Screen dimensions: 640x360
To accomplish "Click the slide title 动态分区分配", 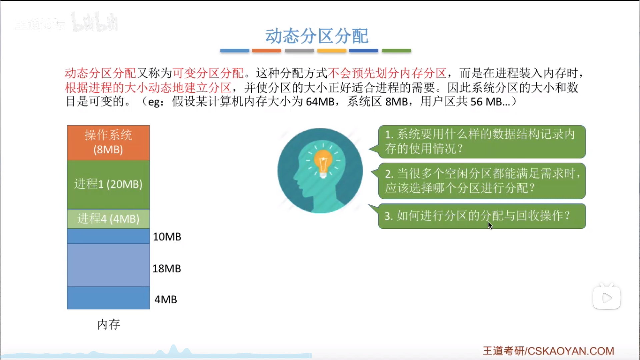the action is (x=317, y=36).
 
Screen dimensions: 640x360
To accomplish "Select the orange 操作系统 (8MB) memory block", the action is (x=108, y=143).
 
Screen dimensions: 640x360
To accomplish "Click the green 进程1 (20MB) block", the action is (x=108, y=184).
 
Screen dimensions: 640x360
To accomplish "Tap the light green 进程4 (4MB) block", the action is (x=108, y=219).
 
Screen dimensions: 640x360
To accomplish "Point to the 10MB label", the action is (x=167, y=237).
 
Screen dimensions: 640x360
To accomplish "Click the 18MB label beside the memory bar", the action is (x=167, y=268).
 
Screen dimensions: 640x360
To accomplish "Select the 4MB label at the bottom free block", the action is (x=166, y=299).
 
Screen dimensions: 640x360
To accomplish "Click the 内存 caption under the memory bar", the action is (x=109, y=324).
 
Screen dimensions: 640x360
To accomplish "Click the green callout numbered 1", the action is (x=482, y=142).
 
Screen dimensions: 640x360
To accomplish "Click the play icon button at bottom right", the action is (x=607, y=298).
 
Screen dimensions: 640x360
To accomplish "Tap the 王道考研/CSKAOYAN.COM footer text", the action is (x=548, y=351).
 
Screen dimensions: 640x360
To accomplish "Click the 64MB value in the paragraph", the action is (x=320, y=101).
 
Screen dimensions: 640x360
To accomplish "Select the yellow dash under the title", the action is (x=332, y=51).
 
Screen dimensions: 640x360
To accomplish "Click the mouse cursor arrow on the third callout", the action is (x=490, y=225).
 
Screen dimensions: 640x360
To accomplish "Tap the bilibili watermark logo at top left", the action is (x=95, y=22).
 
